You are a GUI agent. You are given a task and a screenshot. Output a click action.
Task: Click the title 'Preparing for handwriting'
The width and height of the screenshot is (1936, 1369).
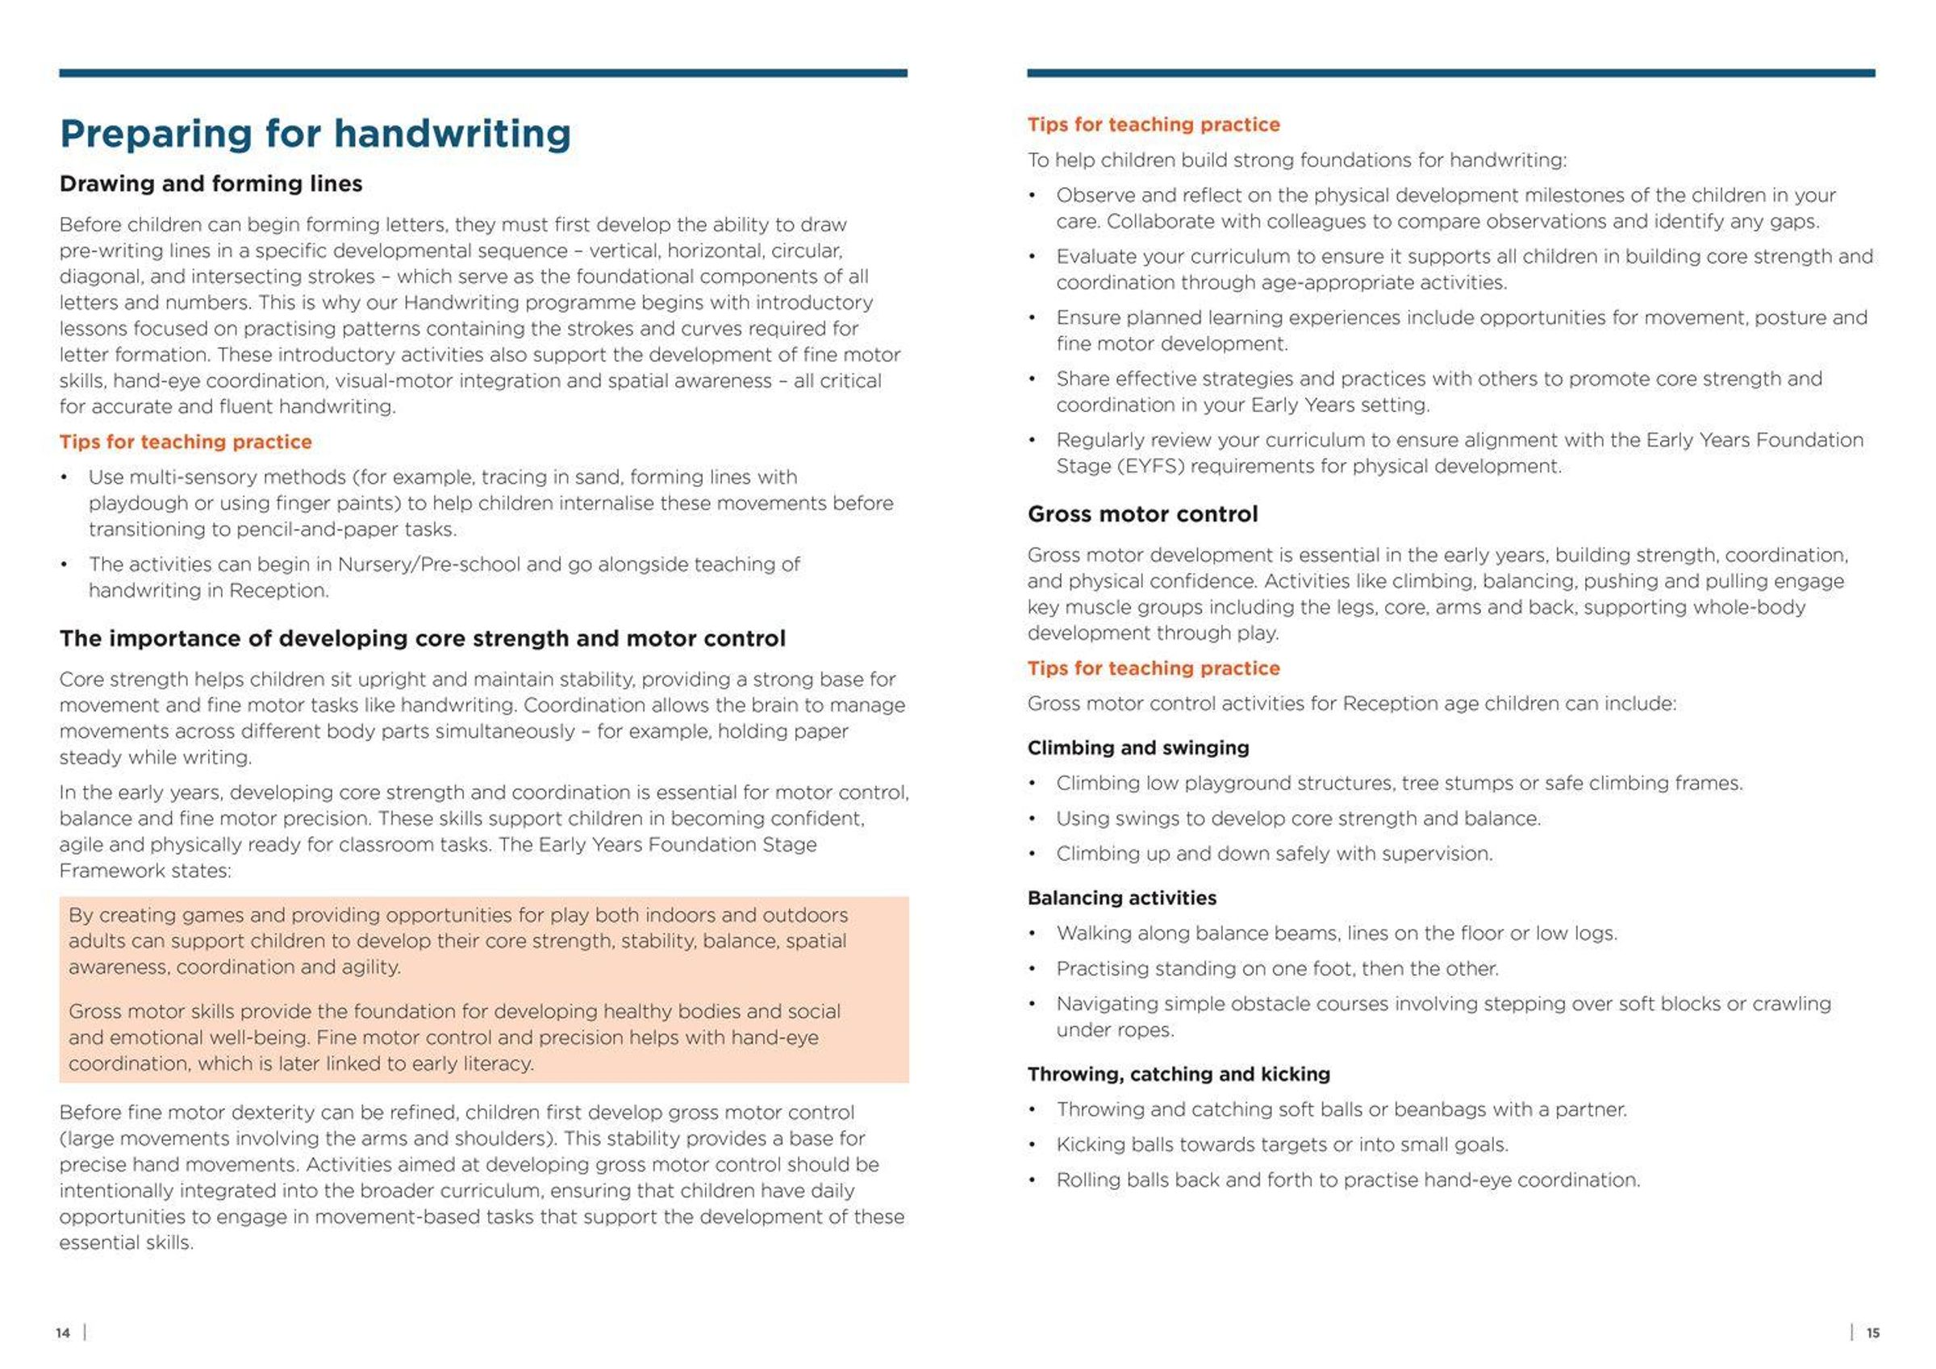point(315,134)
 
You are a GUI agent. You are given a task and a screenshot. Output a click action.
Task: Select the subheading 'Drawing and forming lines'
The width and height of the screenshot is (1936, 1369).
point(211,184)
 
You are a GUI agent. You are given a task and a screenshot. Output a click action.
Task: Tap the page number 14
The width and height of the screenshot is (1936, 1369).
point(62,1333)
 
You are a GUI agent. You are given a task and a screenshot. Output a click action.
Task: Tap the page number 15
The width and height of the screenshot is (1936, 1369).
point(1873,1333)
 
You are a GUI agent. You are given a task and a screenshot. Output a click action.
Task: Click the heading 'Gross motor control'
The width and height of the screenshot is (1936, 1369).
point(1141,514)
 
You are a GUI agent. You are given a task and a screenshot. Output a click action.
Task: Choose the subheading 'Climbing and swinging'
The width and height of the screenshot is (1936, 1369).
point(1137,747)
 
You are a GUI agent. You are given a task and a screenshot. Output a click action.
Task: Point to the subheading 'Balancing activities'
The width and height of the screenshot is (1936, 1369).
point(1121,898)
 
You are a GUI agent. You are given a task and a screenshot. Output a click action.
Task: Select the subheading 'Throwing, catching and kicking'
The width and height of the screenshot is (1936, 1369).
point(1178,1074)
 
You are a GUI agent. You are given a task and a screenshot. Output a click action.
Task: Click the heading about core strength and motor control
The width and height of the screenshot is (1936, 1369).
point(422,639)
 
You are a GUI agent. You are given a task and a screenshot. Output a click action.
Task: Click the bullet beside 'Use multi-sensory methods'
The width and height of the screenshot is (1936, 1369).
point(64,478)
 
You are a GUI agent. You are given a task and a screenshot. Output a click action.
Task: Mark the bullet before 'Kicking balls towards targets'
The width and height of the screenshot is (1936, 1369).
point(1032,1146)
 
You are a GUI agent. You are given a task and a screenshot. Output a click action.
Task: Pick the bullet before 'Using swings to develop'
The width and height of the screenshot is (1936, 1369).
point(1032,819)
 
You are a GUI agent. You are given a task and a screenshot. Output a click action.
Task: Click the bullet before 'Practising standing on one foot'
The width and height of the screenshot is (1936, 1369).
point(1032,969)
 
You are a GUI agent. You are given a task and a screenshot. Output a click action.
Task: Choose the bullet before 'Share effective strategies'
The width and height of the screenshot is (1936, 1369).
point(1032,380)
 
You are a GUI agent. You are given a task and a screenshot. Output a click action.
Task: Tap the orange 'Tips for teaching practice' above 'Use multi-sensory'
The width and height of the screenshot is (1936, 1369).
point(186,442)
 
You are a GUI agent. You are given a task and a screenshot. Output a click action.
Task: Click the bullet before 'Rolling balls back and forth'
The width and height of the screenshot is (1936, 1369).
point(1032,1181)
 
